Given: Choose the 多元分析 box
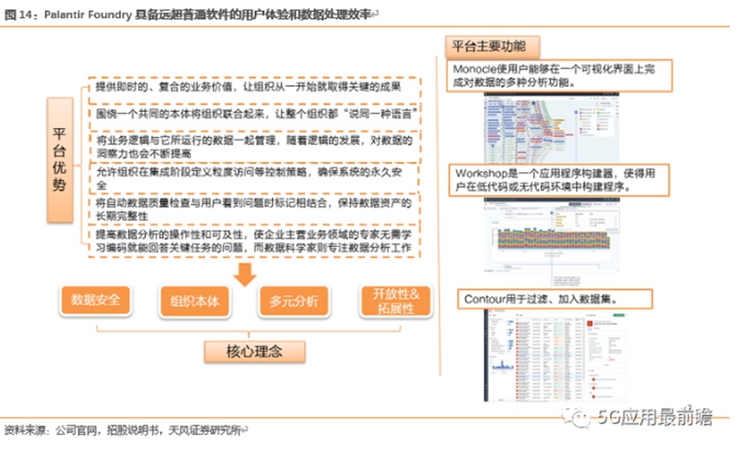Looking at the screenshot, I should pyautogui.click(x=294, y=300).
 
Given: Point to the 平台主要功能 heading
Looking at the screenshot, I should pyautogui.click(x=491, y=46).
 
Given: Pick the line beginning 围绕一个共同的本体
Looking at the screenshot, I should pyautogui.click(x=251, y=115).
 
